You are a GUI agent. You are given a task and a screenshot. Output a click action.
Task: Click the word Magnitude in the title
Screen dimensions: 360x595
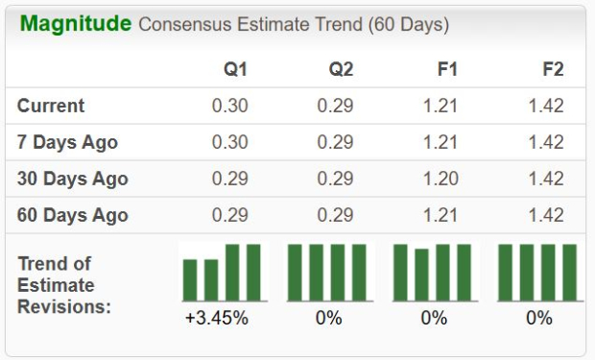[76, 24]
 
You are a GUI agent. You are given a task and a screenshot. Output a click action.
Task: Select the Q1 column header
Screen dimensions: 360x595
[236, 69]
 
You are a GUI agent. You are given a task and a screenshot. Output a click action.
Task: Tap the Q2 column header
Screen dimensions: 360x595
[341, 69]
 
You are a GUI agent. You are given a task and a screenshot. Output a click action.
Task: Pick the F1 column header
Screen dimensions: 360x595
[446, 69]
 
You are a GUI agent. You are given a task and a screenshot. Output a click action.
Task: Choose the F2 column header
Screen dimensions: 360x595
[552, 69]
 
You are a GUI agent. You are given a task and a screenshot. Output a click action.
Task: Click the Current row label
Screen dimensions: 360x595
[51, 106]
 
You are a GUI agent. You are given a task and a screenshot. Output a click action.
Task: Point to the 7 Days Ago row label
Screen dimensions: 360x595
[67, 142]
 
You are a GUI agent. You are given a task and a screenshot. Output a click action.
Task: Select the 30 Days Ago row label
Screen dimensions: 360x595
[72, 179]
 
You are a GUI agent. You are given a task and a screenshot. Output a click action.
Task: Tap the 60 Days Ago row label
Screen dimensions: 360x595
[72, 215]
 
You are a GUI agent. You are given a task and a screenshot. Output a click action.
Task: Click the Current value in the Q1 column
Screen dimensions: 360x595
[230, 106]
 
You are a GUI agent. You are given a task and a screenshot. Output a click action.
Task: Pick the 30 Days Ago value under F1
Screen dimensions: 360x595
[440, 179]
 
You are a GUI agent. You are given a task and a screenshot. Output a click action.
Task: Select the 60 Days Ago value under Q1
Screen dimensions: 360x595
[230, 215]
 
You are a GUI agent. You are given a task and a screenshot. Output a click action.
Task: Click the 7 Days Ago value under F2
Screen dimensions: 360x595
[546, 142]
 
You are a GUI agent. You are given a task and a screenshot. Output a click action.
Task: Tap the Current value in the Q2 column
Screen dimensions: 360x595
[336, 106]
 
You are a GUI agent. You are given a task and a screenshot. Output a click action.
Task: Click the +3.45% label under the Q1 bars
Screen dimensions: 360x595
[217, 318]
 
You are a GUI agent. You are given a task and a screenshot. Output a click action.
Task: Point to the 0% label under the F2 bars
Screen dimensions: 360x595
[539, 318]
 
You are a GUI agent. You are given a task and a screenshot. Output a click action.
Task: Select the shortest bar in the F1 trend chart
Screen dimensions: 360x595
[421, 276]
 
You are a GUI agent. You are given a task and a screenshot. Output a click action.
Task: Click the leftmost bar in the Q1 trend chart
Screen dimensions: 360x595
[190, 279]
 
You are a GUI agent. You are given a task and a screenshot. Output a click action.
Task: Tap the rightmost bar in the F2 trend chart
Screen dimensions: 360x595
[570, 273]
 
